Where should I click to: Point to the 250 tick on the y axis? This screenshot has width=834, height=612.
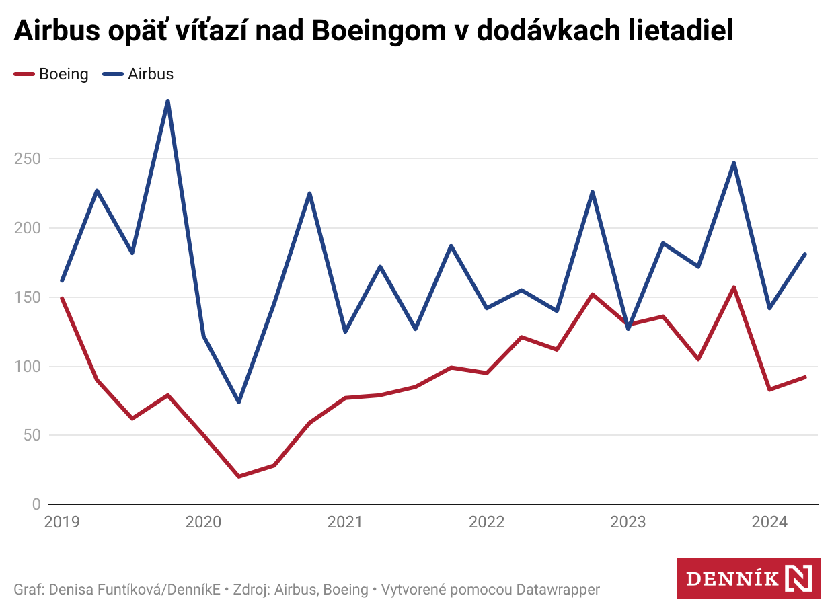[x=27, y=159]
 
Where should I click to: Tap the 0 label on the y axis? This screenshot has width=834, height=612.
[x=36, y=504]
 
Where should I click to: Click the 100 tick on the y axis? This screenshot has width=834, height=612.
[x=27, y=367]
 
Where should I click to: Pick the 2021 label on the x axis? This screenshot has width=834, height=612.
[x=345, y=522]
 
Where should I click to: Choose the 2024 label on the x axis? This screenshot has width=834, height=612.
[x=769, y=522]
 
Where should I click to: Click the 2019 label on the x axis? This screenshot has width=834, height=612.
[x=62, y=522]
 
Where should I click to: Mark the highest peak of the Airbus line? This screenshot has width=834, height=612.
[x=167, y=101]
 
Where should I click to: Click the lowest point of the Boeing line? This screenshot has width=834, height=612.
[x=238, y=477]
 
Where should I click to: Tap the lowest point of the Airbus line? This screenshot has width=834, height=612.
[x=238, y=402]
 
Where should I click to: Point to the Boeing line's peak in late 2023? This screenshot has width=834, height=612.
[x=734, y=287]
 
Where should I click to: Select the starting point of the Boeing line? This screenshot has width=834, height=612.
[x=62, y=298]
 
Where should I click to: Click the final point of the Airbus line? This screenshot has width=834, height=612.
[x=805, y=254]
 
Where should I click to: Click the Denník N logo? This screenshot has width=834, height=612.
[x=748, y=578]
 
